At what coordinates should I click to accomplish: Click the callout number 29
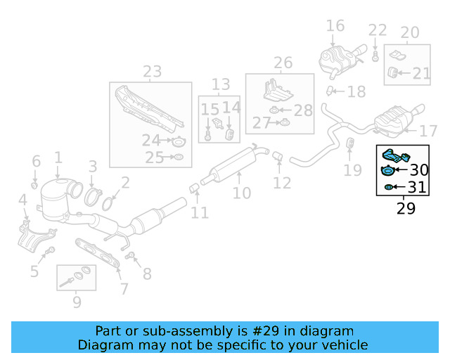pyautogui.click(x=406, y=208)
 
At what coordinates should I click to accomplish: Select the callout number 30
pyautogui.click(x=418, y=169)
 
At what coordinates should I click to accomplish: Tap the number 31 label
pyautogui.click(x=417, y=187)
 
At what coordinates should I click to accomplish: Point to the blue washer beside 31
pyautogui.click(x=388, y=187)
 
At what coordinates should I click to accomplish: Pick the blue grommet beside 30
pyautogui.click(x=387, y=170)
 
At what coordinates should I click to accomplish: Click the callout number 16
pyautogui.click(x=335, y=26)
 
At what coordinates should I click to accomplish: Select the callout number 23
pyautogui.click(x=152, y=71)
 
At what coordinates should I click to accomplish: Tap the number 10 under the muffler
pyautogui.click(x=241, y=192)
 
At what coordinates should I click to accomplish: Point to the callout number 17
pyautogui.click(x=428, y=131)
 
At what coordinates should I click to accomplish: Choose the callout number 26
pyautogui.click(x=283, y=63)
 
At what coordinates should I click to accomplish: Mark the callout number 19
pyautogui.click(x=352, y=169)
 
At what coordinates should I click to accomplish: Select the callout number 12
pyautogui.click(x=282, y=184)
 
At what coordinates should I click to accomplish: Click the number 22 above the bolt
pyautogui.click(x=378, y=30)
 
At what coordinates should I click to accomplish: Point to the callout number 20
pyautogui.click(x=409, y=32)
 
